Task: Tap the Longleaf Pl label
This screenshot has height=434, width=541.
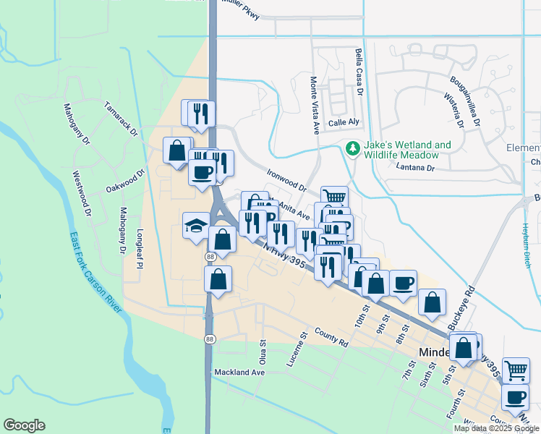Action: tap(136, 245)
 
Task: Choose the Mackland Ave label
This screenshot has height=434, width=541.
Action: tap(239, 373)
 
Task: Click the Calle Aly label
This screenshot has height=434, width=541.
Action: tap(344, 124)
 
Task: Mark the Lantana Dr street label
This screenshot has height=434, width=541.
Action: tap(415, 168)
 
